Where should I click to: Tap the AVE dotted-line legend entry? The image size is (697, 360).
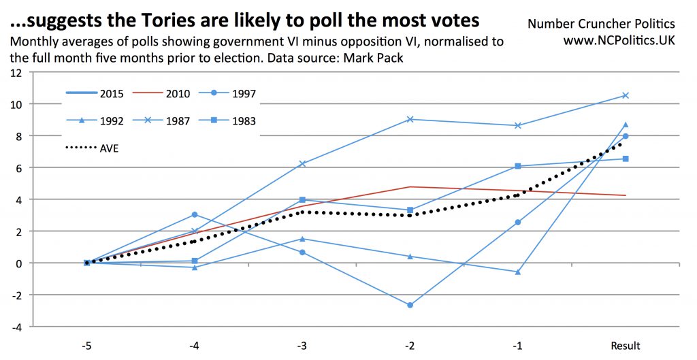pos(92,148)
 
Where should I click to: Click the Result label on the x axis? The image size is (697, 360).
pos(625,346)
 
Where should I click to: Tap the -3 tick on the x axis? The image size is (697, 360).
pos(302,346)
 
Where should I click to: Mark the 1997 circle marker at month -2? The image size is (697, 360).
pos(410,305)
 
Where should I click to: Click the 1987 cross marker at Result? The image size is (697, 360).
pos(625,95)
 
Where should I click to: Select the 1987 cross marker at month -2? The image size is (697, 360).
pos(410,119)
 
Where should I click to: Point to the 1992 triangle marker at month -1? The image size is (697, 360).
pos(517,272)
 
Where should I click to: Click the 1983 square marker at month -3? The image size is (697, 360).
pos(302,200)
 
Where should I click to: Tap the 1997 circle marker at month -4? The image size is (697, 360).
pos(195,214)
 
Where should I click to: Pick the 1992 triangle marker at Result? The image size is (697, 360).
pos(625,125)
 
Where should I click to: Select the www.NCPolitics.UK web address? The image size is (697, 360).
pos(619,40)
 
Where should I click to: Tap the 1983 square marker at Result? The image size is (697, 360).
pos(625,159)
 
